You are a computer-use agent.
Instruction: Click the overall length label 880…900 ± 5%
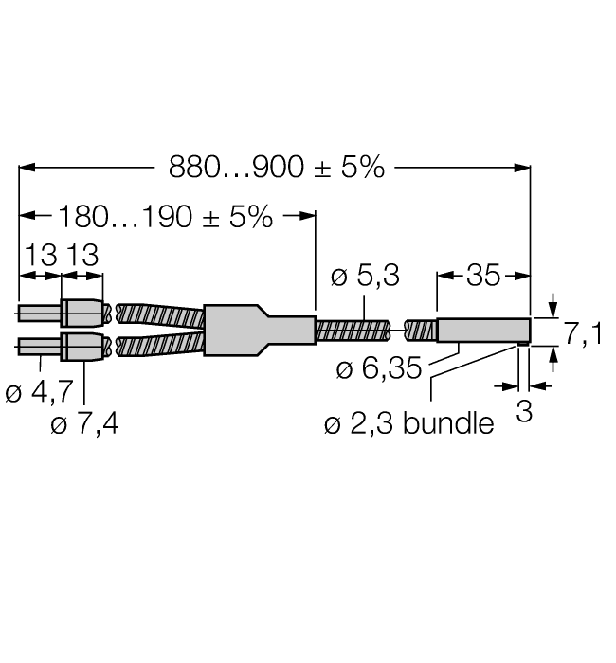tap(277, 168)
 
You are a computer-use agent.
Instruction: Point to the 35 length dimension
tap(482, 276)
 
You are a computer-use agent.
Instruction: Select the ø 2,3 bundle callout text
tap(408, 423)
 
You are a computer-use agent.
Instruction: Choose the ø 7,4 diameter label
tap(84, 423)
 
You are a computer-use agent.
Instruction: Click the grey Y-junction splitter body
tap(256, 329)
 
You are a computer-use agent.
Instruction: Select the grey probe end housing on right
tap(481, 330)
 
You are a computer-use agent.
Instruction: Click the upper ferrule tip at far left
tap(39, 314)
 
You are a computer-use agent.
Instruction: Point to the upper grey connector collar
tap(82, 314)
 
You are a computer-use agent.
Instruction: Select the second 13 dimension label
tap(82, 255)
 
